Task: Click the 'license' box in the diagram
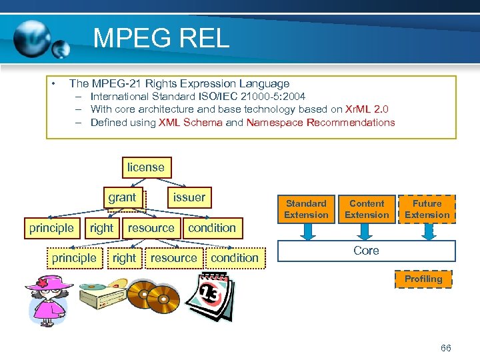click(x=145, y=167)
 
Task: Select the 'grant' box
click(x=122, y=197)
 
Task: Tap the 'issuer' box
click(x=189, y=197)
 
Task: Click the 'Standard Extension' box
click(x=306, y=209)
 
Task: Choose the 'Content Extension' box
click(x=367, y=209)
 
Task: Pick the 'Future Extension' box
click(x=427, y=209)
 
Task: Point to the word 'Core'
click(x=366, y=251)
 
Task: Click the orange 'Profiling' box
click(x=423, y=279)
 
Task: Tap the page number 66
click(x=446, y=348)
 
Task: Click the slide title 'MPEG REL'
click(x=161, y=38)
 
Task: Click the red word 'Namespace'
click(x=275, y=122)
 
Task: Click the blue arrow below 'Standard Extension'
click(x=307, y=231)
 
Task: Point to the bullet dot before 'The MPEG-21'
click(x=52, y=84)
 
